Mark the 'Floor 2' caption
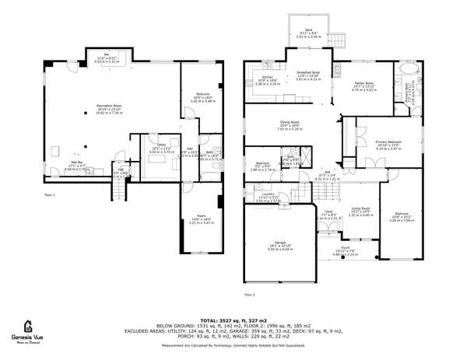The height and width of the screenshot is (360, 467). [x=249, y=294]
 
